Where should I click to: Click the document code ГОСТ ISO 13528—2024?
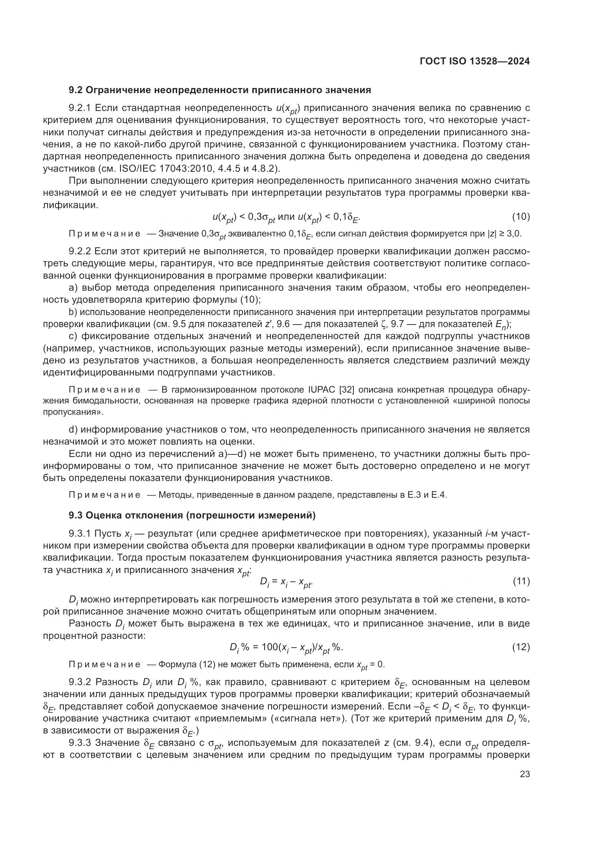click(x=475, y=61)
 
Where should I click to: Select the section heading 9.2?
click(x=220, y=90)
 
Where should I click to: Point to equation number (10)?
click(x=521, y=216)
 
